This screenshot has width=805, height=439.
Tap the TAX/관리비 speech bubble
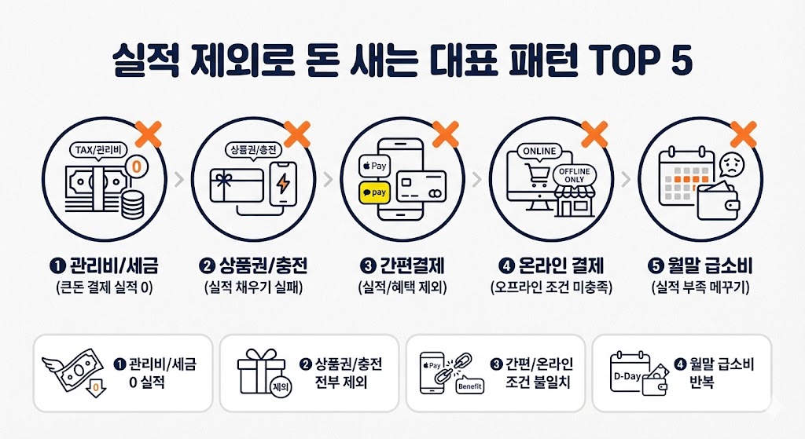point(98,150)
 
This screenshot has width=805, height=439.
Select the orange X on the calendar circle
point(743,134)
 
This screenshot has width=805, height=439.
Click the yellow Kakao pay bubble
point(375,191)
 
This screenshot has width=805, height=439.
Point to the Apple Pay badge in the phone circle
point(375,166)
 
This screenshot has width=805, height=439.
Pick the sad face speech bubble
point(730,166)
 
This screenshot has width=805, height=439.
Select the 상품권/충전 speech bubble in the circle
point(252,149)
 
